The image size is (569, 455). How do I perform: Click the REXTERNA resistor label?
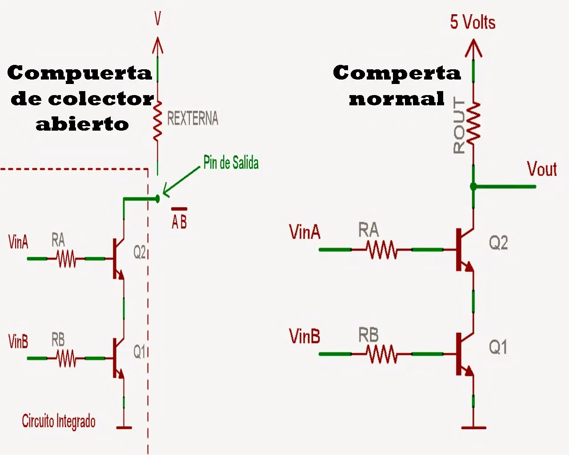pyautogui.click(x=193, y=118)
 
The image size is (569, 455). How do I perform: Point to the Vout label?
pyautogui.click(x=542, y=169)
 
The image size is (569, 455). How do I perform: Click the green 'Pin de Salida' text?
pyautogui.click(x=231, y=162)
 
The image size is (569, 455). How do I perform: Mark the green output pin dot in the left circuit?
pyautogui.click(x=157, y=199)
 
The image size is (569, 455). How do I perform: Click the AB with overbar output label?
pyautogui.click(x=179, y=219)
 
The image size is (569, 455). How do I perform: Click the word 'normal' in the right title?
pyautogui.click(x=397, y=99)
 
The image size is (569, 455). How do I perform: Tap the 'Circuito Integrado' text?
pyautogui.click(x=59, y=422)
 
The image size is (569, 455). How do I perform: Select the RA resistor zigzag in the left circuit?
pyautogui.click(x=66, y=259)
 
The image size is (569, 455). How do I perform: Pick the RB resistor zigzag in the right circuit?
pyautogui.click(x=382, y=354)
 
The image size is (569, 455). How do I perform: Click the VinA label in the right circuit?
pyautogui.click(x=305, y=232)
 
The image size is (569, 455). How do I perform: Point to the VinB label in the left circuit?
pyautogui.click(x=18, y=341)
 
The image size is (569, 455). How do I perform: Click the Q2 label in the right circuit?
pyautogui.click(x=498, y=243)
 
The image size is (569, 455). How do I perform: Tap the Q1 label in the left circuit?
pyautogui.click(x=139, y=351)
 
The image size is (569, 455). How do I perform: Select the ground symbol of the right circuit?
pyautogui.click(x=473, y=427)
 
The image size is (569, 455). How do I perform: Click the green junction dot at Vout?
pyautogui.click(x=473, y=187)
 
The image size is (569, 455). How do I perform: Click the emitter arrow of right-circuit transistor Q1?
pyautogui.click(x=469, y=371)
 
